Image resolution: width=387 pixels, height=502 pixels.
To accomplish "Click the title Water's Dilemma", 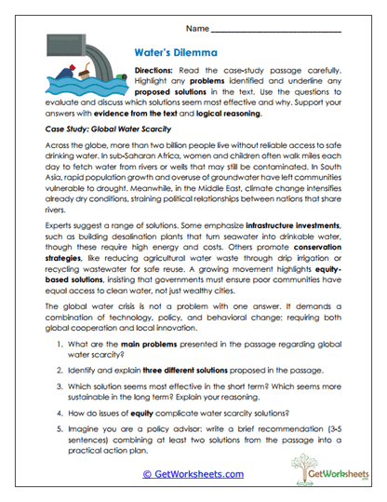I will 177,52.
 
